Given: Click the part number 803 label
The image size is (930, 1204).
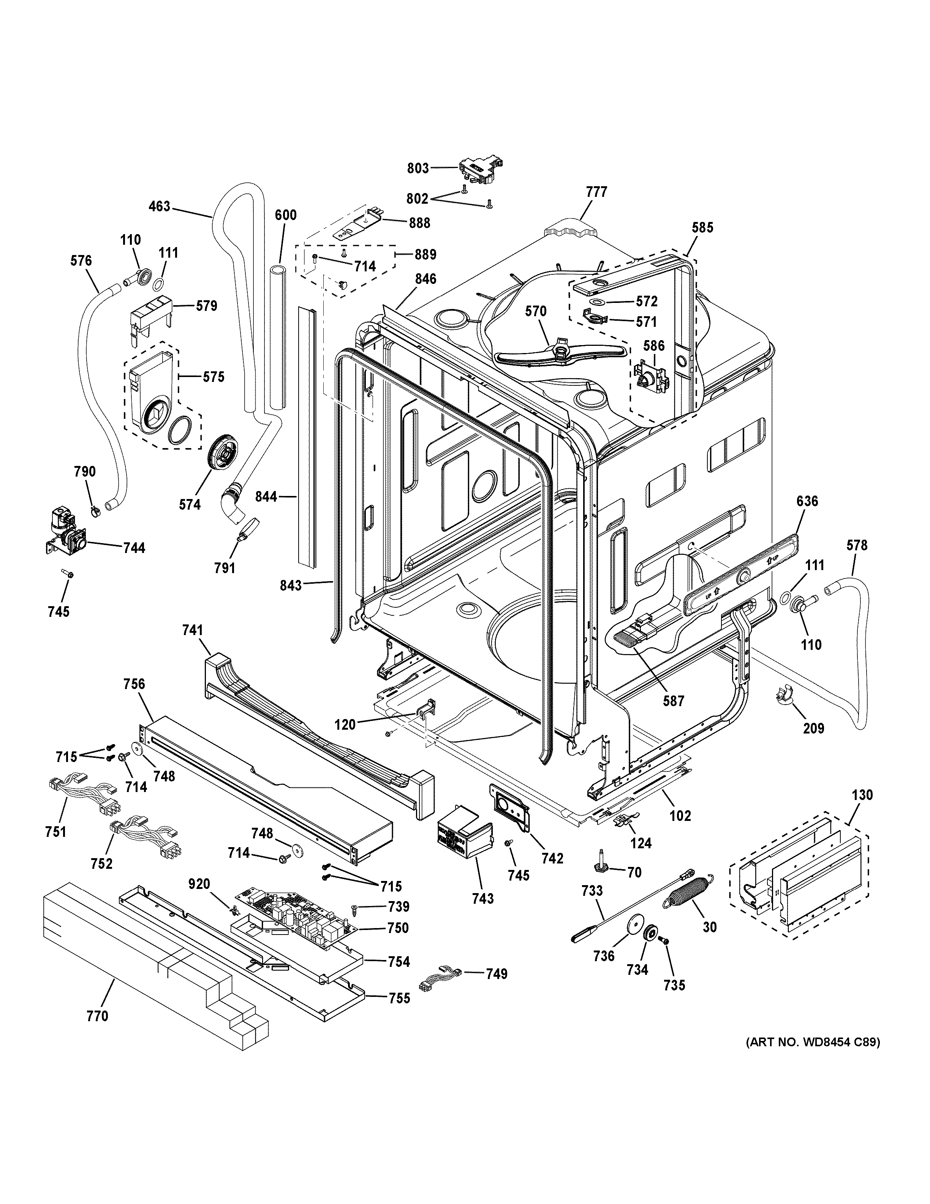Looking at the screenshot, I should [418, 168].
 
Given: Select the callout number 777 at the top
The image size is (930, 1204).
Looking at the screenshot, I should [596, 192].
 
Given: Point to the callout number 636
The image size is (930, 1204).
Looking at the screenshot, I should [807, 501].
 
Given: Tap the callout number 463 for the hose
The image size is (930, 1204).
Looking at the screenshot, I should [160, 207].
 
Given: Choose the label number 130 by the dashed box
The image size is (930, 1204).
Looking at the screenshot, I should [862, 795].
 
